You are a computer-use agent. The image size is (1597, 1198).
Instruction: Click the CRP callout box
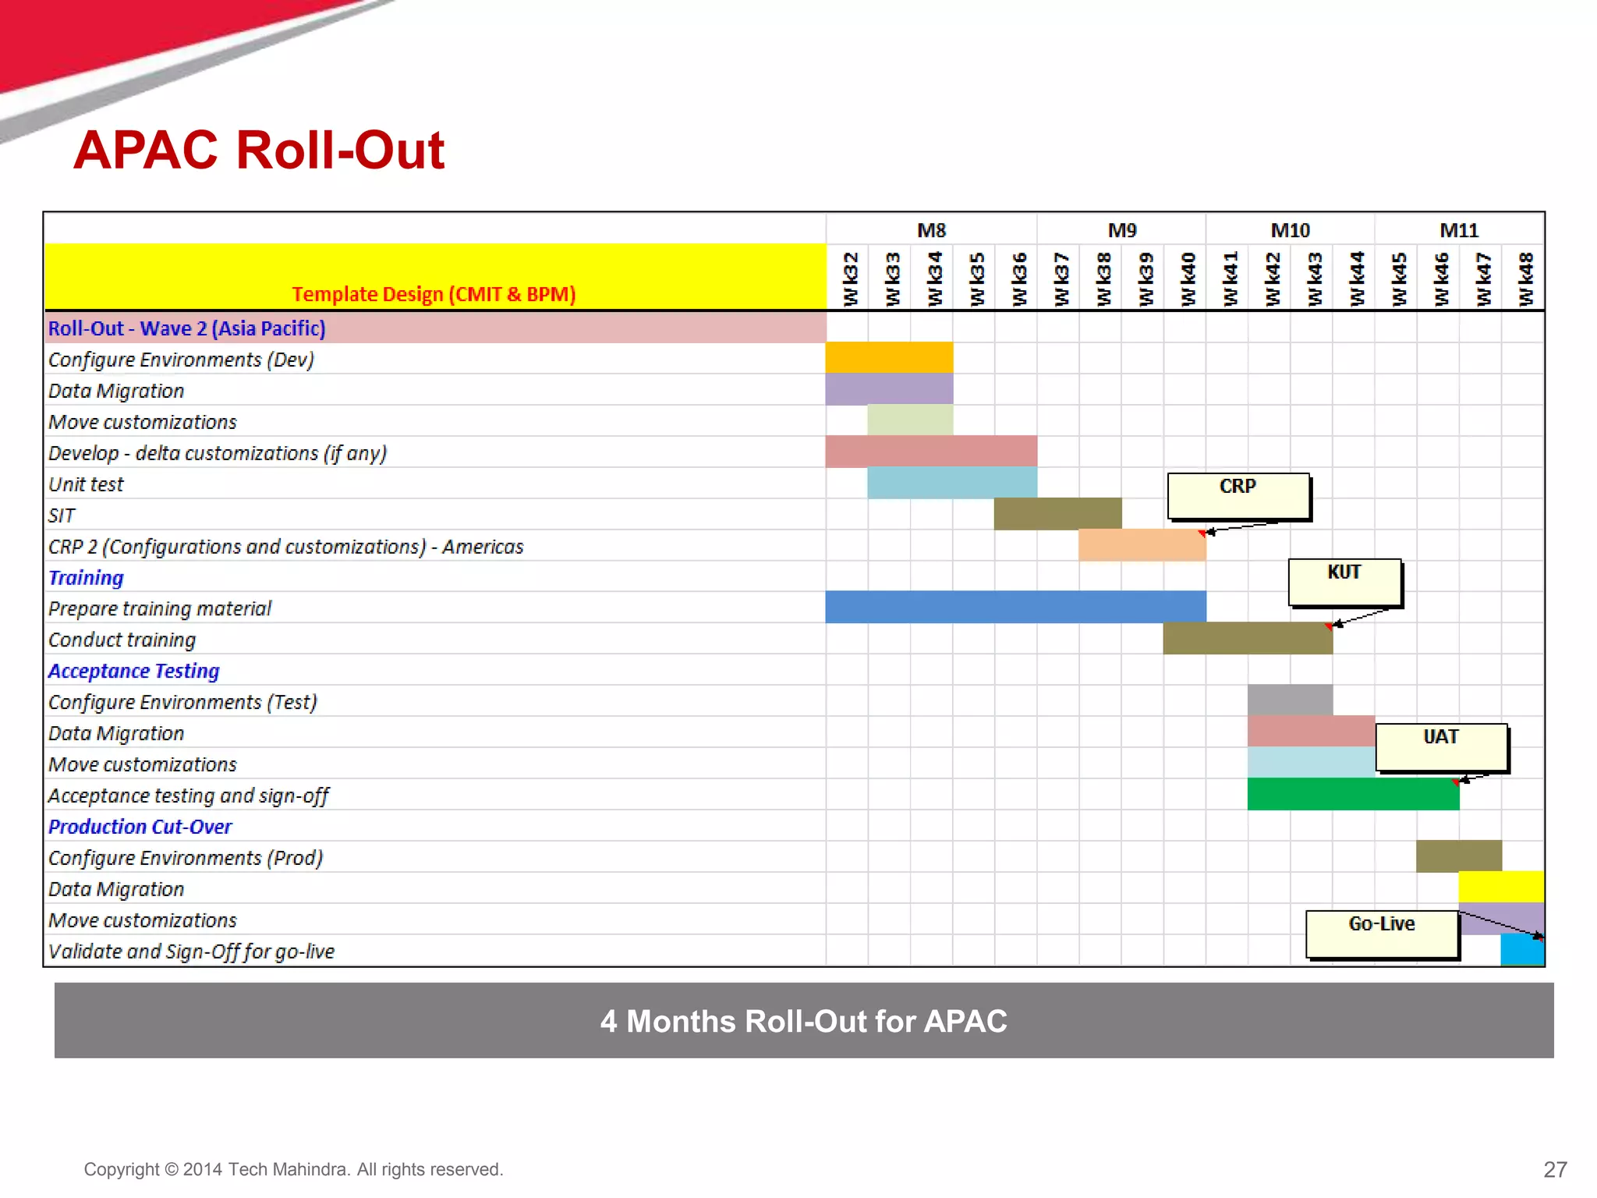1238,496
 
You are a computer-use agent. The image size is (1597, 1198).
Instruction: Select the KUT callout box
1344,582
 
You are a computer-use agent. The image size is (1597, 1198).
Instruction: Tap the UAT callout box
1441,746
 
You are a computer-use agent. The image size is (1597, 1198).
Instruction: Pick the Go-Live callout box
1382,934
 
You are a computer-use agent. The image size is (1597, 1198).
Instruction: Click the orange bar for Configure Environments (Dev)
889,358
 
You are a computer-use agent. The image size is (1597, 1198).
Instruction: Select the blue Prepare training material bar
1015,607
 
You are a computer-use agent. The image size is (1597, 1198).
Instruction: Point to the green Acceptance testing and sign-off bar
1353,795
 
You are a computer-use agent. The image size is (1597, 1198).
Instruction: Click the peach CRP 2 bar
1142,545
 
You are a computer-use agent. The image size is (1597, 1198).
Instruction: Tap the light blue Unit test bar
952,483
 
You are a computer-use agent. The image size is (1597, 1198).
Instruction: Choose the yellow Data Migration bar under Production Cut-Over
1501,887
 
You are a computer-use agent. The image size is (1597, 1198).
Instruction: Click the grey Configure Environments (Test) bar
1290,700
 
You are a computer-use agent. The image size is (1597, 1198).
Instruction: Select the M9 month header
1121,231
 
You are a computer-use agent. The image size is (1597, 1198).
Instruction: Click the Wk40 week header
1187,278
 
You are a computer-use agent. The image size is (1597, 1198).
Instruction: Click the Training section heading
86,578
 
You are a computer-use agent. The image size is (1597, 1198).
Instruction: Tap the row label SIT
62,516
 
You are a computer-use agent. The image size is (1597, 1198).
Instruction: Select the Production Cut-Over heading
140,827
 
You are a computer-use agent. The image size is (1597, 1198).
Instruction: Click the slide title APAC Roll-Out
259,150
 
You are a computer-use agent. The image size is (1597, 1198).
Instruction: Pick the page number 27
1555,1169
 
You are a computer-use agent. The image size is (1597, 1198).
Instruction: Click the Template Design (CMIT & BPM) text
434,294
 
